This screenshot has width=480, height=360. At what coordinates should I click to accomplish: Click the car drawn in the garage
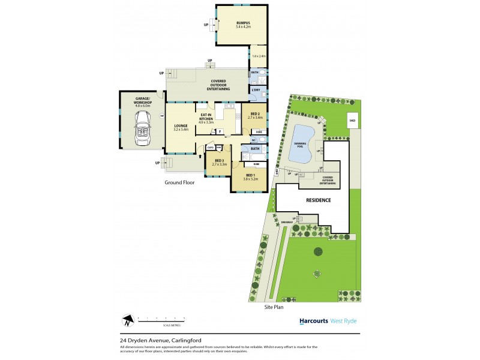(x=143, y=125)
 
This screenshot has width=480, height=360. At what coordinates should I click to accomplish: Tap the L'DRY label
(x=256, y=90)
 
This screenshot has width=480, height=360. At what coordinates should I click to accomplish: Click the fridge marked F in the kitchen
(x=220, y=131)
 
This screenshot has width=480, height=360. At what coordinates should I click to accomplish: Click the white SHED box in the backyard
(x=352, y=120)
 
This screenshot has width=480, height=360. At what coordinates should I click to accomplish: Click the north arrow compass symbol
(x=127, y=320)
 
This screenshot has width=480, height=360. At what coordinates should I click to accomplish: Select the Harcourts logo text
(x=314, y=321)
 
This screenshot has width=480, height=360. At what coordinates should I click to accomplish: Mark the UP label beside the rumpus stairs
(x=206, y=25)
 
